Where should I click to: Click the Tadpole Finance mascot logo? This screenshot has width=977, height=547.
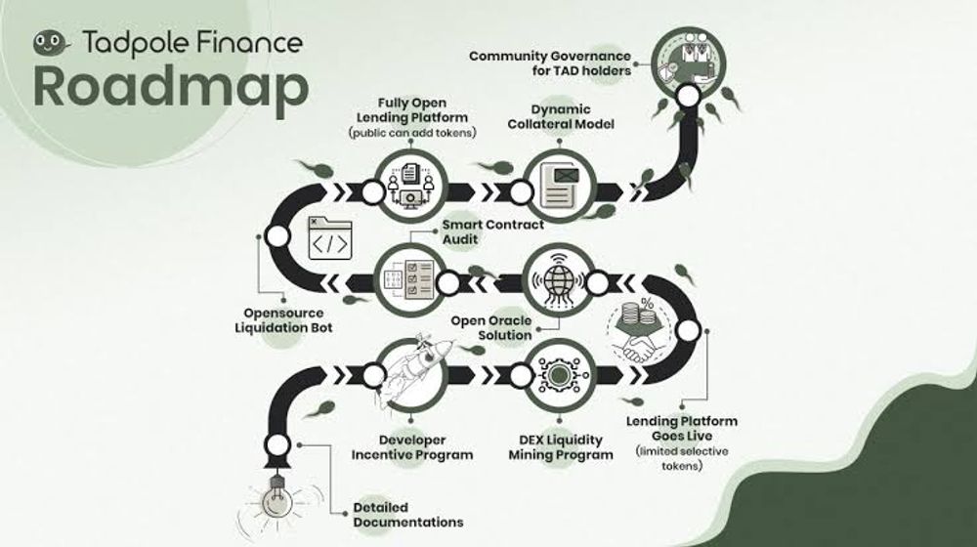point(51,44)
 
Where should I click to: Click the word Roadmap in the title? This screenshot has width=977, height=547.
point(171,87)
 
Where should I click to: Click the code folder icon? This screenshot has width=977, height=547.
point(330,238)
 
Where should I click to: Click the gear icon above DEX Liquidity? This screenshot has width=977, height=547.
point(558,374)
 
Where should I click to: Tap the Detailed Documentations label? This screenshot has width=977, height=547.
point(408,515)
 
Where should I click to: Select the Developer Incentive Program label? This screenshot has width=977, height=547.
point(412,447)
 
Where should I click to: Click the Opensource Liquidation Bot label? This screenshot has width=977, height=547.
point(283,320)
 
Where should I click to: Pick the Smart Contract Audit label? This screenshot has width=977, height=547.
point(492,231)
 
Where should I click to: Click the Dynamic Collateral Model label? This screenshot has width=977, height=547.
point(560,116)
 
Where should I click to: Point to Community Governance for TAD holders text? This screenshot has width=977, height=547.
point(550,63)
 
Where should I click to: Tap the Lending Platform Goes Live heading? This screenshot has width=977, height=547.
point(682,429)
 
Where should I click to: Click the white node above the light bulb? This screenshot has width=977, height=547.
point(277,445)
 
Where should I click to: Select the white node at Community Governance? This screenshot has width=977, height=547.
point(688,96)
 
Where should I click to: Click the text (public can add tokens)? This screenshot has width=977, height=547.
point(412,132)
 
